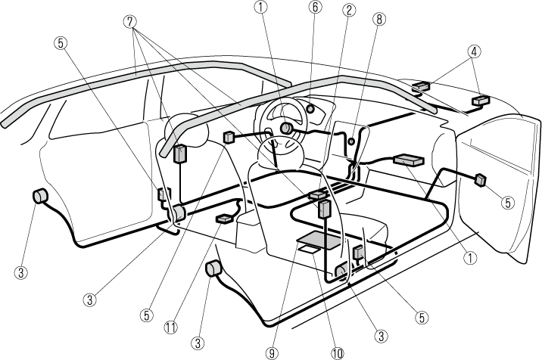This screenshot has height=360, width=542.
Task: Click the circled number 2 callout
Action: tap(349, 10)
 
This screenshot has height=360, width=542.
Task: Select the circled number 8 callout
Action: tap(378, 20)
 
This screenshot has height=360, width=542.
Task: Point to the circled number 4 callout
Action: tap(473, 52)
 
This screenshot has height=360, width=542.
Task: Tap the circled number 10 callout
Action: tap(336, 352)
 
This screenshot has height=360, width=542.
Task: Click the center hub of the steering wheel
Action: tap(286, 129)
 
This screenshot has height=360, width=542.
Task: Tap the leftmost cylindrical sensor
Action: tap(39, 197)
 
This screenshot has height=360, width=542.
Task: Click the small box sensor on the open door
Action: tap(479, 180)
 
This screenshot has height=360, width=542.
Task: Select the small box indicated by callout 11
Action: tap(225, 219)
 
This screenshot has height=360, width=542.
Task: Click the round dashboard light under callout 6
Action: tap(310, 108)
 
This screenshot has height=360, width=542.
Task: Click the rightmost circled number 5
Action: tap(506, 202)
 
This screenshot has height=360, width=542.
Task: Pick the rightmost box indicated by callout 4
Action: tap(478, 100)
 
